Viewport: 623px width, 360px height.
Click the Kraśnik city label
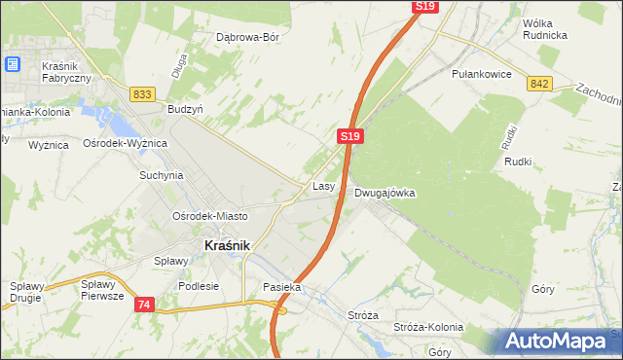(228, 246)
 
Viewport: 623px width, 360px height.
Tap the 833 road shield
(142, 93)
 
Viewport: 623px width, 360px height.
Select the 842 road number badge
(541, 85)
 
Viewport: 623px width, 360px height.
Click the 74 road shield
(144, 305)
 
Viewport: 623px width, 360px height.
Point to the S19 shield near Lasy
(352, 138)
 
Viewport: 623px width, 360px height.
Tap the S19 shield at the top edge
(424, 6)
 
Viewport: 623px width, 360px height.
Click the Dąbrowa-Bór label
(247, 38)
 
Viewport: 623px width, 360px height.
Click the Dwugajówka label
(385, 193)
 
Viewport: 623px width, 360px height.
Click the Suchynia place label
(162, 176)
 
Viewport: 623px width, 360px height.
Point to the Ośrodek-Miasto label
(209, 216)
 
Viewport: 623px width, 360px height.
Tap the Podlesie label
(199, 286)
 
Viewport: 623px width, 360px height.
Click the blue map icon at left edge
(13, 64)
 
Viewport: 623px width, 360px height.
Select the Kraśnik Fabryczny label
(66, 72)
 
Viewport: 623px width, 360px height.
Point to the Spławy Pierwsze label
(102, 290)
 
